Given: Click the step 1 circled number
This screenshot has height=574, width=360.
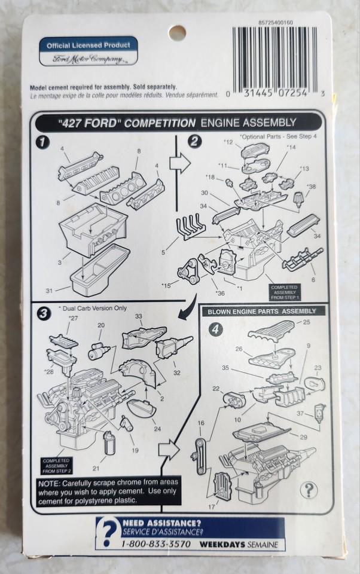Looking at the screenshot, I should point(42,142).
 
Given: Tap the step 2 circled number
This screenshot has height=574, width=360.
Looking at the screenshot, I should point(194,142).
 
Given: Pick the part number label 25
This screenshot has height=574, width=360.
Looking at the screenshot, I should point(306,322).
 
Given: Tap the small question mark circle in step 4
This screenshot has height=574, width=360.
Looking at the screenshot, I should point(309,490).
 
